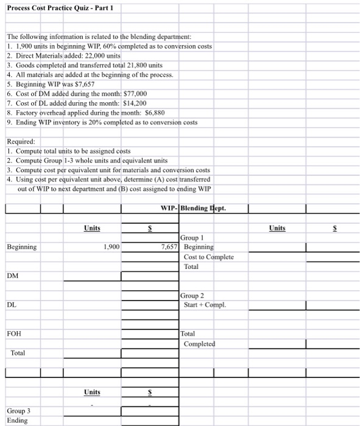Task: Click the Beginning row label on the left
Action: (22, 247)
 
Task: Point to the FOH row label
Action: (13, 333)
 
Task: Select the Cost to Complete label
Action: (208, 257)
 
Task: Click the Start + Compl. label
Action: (205, 305)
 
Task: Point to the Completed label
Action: (199, 344)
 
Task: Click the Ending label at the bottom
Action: (17, 419)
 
